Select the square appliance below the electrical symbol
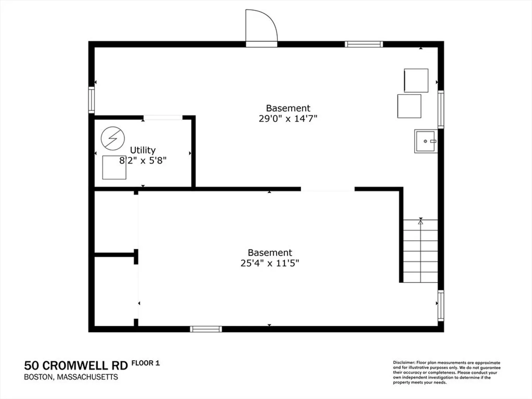114,167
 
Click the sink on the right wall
426,141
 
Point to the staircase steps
420,251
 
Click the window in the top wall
364,44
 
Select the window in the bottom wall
206,329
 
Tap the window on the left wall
91,100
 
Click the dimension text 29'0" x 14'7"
288,119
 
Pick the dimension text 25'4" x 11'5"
270,263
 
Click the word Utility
143,150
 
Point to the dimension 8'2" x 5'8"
143,161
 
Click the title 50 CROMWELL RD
76,366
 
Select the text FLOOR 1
146,363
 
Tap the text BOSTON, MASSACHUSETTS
71,377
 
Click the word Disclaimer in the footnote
404,363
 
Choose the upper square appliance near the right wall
416,81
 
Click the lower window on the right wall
441,306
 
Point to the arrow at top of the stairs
420,221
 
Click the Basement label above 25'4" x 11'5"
270,253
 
